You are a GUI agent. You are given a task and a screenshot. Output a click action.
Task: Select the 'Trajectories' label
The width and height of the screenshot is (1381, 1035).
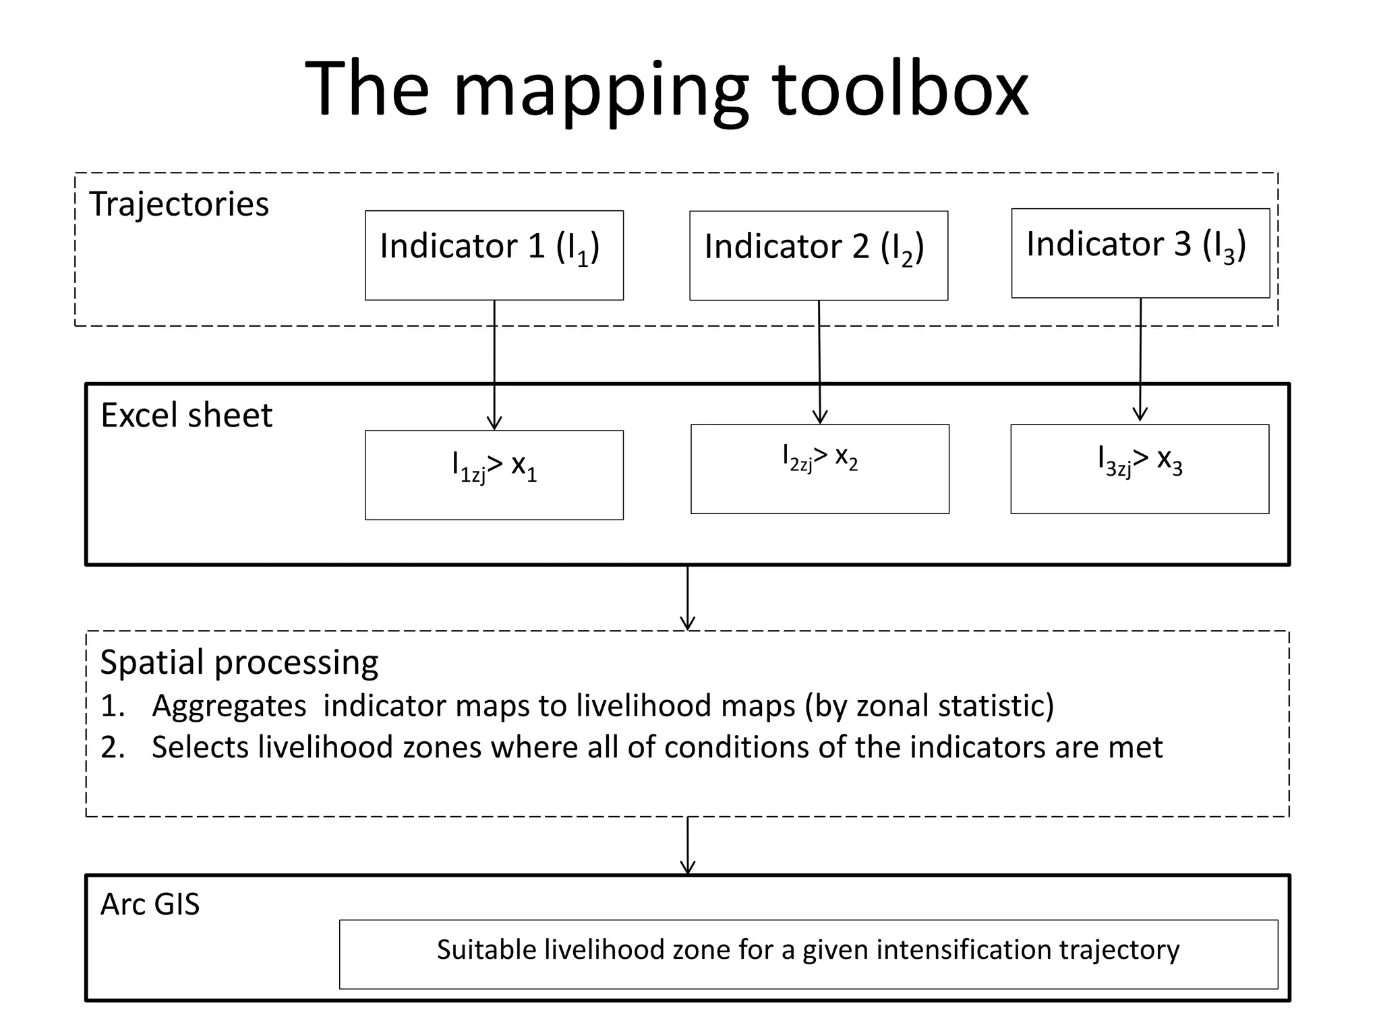click(x=179, y=203)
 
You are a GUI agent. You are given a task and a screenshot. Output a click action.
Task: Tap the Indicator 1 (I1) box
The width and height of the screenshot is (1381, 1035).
click(x=494, y=255)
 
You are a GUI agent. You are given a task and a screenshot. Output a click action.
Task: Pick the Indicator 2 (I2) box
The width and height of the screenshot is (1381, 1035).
click(x=818, y=256)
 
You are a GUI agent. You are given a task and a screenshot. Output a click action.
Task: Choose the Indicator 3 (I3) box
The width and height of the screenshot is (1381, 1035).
click(x=1140, y=253)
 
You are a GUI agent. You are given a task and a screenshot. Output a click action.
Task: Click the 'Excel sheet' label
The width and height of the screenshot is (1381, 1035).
click(x=186, y=415)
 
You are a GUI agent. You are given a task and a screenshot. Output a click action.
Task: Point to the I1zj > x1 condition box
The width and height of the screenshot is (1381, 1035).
click(x=494, y=475)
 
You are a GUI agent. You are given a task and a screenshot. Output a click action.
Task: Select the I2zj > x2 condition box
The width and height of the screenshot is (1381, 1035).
click(x=819, y=469)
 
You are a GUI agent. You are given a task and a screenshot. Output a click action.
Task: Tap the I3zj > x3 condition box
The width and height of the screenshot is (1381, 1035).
click(x=1140, y=469)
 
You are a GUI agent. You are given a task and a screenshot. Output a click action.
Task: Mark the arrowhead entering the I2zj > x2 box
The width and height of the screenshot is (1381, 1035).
click(x=820, y=418)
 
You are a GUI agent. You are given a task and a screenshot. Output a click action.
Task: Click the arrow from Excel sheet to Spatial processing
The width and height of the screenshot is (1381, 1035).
click(x=687, y=598)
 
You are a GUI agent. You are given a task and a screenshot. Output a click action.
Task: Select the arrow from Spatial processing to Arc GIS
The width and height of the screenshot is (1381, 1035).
click(x=687, y=846)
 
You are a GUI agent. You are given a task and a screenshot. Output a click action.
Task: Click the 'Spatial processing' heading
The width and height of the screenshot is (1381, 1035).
click(x=239, y=662)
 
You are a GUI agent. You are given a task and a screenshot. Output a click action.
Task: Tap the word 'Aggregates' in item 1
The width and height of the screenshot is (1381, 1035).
click(x=229, y=706)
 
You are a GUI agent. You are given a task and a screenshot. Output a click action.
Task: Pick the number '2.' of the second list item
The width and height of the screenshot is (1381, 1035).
click(x=113, y=747)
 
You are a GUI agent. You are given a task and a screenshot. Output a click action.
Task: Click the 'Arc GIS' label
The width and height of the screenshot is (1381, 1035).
click(x=150, y=904)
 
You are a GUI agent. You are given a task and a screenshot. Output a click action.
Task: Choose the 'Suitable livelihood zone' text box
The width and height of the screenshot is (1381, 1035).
click(x=808, y=953)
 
